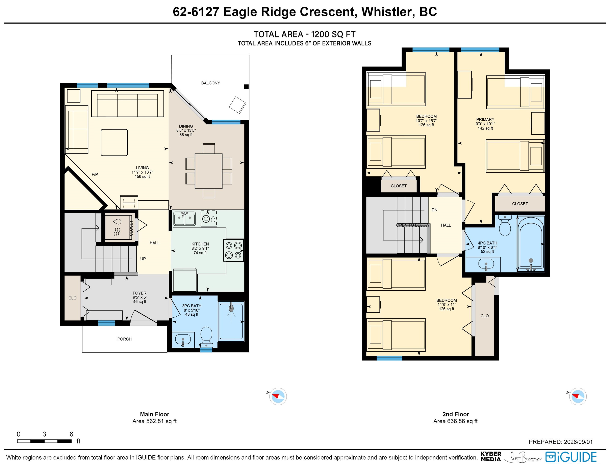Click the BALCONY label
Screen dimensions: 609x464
(210, 83)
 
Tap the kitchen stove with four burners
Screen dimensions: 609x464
(234, 250)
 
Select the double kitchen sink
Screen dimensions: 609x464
(184, 219)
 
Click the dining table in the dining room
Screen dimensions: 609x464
(208, 171)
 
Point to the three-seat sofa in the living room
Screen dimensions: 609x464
(127, 103)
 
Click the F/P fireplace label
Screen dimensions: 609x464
(95, 174)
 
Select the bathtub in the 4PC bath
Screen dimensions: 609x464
(531, 243)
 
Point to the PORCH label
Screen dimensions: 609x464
(124, 339)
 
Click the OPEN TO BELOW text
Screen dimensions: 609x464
(413, 225)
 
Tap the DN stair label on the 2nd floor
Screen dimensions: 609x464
(434, 210)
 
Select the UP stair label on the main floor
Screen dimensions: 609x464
(143, 259)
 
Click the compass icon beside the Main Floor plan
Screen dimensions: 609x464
(278, 396)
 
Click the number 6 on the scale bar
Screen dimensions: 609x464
(71, 434)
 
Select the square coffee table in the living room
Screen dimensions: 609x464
(114, 143)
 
